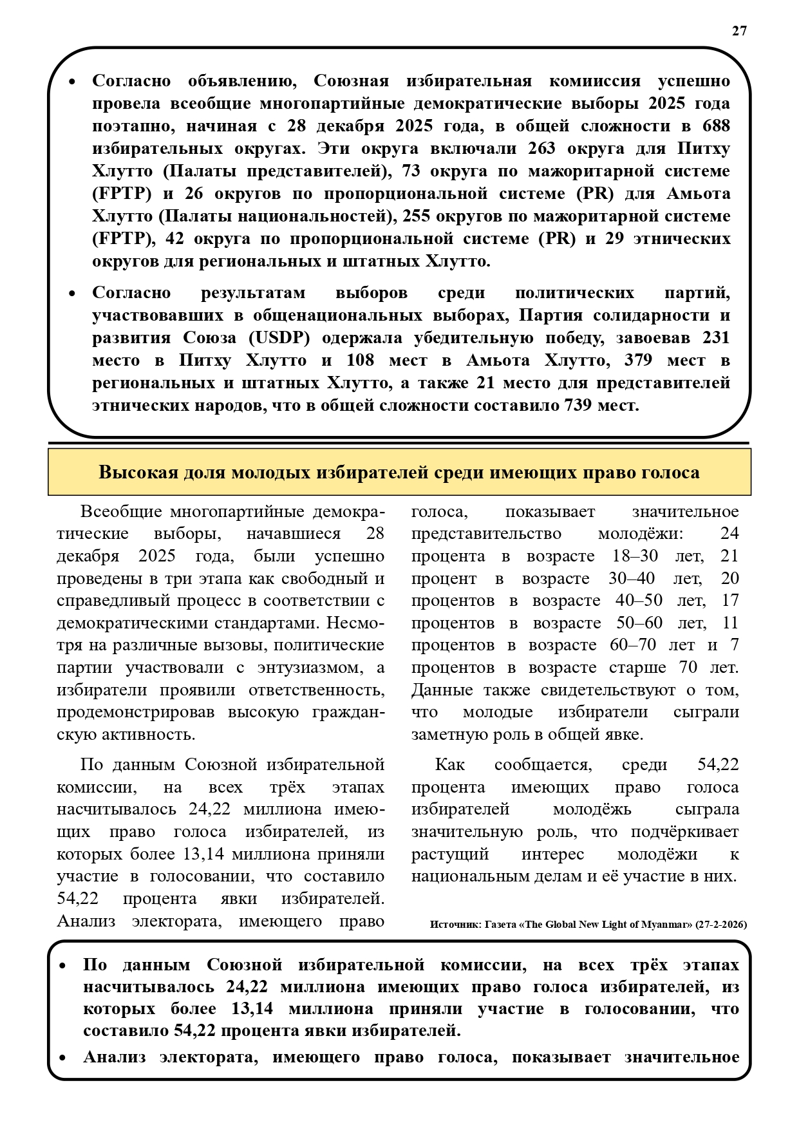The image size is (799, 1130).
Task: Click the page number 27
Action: point(739,31)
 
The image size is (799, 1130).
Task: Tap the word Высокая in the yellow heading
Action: point(138,472)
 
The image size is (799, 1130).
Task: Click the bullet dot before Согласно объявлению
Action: point(72,82)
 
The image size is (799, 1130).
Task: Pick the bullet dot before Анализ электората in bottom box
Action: point(63,1058)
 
